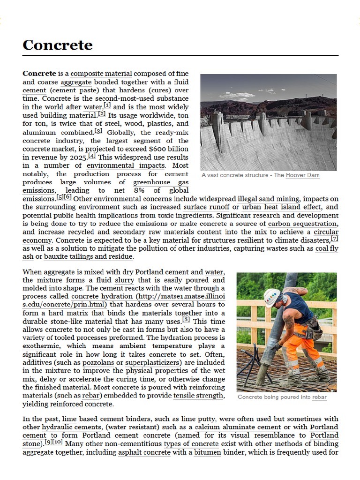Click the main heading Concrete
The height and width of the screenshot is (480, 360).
58,45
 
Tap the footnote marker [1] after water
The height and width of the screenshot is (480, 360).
107,106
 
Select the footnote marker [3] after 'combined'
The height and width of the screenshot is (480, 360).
98,131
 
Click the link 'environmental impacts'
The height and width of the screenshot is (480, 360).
126,165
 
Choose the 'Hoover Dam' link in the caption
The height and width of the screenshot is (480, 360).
303,175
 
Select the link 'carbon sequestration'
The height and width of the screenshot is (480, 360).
302,224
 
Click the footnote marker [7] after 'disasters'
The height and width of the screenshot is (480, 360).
335,239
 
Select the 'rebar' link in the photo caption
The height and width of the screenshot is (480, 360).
320,397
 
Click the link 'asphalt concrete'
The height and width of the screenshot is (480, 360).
143,453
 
